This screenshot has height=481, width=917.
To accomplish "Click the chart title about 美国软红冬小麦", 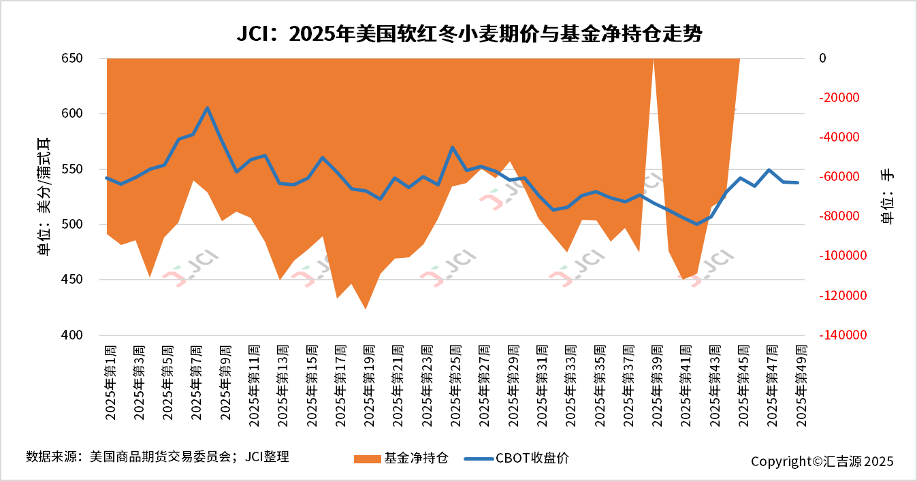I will click(x=469, y=34).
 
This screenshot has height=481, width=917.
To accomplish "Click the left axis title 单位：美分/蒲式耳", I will click(x=44, y=197).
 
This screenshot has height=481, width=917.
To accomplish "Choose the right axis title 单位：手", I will click(x=887, y=197).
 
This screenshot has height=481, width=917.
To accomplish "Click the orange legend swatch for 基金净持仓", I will click(x=368, y=459).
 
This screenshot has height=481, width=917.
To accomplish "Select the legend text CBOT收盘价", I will click(x=532, y=458).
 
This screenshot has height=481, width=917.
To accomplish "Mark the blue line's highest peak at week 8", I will click(x=207, y=107).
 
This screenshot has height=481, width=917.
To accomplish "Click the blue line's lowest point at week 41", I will click(x=696, y=224).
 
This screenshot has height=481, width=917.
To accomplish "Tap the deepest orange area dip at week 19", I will click(x=366, y=308).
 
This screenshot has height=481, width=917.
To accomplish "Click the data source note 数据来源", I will click(x=157, y=457).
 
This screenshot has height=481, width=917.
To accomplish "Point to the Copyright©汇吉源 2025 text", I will click(x=822, y=461).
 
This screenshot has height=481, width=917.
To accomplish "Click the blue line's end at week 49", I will click(x=797, y=182).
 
